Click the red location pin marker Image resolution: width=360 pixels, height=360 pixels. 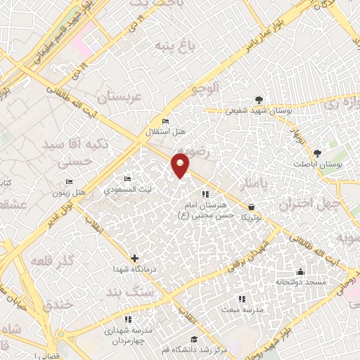coord(181,165)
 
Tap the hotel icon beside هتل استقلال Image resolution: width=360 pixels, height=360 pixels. coord(165,119)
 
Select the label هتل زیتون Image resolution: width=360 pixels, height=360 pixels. coord(70,193)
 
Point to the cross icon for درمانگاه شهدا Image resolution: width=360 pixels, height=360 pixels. coord(135,257)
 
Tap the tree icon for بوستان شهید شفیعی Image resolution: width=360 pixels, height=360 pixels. coord(260,99)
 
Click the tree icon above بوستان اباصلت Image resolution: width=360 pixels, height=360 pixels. coord(318,153)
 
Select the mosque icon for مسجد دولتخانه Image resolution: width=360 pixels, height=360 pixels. coord(301,271)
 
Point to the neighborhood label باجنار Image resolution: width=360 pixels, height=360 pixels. coord(253,184)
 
